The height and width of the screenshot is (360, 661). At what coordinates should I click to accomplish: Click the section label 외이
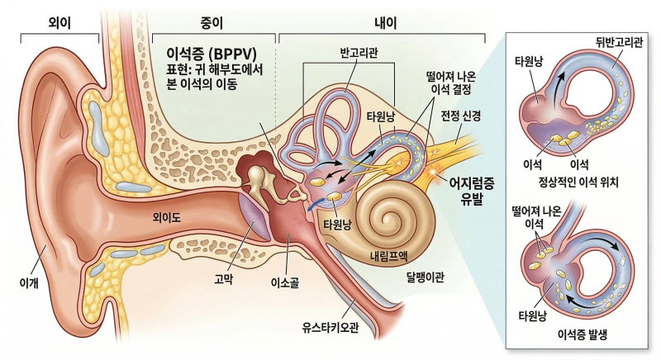[59, 23]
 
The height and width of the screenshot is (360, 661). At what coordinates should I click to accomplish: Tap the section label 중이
[212, 23]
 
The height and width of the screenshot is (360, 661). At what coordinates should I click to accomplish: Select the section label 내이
[386, 23]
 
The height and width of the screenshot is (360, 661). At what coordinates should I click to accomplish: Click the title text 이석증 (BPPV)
[212, 54]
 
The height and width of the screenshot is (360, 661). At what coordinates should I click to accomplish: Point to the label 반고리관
[359, 53]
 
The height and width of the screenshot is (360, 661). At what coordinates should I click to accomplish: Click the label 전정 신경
[461, 115]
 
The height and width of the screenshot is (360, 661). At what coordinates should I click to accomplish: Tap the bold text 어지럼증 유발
[471, 191]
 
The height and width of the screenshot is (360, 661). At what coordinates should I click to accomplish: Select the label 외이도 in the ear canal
[167, 217]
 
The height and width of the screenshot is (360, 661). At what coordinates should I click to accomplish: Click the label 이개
[29, 282]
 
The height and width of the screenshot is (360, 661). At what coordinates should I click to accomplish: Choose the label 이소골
[285, 282]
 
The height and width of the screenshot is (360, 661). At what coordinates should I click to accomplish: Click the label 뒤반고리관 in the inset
[619, 42]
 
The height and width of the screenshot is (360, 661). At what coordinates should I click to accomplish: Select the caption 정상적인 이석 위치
[578, 182]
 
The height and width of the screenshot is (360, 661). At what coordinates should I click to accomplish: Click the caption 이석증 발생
[583, 335]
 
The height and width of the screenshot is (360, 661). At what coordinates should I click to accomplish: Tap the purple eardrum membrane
[254, 215]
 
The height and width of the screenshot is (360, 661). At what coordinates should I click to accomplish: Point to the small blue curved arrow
[313, 203]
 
